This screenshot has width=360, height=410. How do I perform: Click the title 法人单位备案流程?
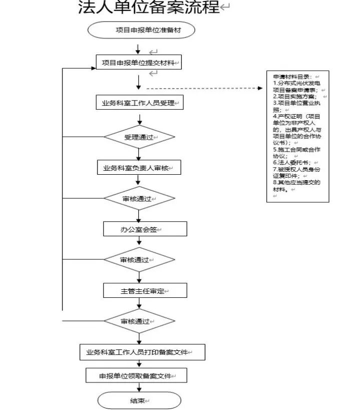[x=149, y=9]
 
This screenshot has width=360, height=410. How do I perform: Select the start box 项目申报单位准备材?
[x=141, y=30]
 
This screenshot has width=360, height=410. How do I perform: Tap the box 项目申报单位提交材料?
[x=138, y=63]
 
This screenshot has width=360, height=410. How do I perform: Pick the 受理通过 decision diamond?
[x=139, y=137]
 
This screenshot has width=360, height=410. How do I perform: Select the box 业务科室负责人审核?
[x=138, y=168]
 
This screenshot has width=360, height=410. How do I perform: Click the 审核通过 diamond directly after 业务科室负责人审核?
[x=139, y=198]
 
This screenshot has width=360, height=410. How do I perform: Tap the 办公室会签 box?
[x=145, y=229]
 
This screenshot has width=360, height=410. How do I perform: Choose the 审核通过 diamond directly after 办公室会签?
[x=139, y=259]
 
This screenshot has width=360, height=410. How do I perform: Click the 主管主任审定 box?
[x=145, y=290]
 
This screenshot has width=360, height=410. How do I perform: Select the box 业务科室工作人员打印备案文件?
[x=143, y=352]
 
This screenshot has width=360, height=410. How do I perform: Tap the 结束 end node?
[x=139, y=400]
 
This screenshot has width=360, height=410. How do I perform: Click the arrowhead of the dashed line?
[x=260, y=89]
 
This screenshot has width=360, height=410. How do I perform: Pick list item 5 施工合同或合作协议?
[x=296, y=152]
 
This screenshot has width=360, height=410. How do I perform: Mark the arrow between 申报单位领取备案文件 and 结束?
[x=139, y=387]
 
